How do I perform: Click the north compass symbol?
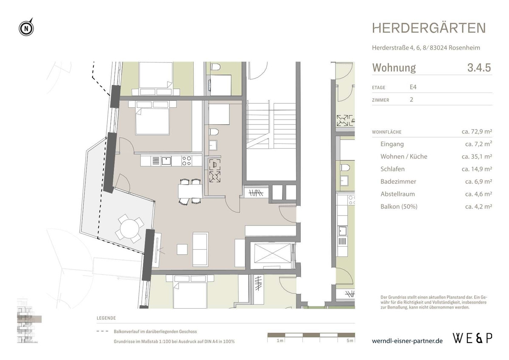tap(26, 28)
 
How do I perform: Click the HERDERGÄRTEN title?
tap(429, 28)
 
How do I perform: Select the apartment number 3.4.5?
tap(478, 68)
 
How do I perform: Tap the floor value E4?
tap(413, 87)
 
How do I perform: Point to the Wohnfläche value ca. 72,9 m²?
tap(476, 132)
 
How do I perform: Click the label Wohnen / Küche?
tap(404, 157)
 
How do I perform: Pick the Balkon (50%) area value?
tap(478, 207)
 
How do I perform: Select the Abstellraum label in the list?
tap(397, 194)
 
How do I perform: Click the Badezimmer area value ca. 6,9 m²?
tap(478, 182)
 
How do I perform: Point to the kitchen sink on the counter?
tap(166, 161)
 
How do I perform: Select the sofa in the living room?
tap(200, 248)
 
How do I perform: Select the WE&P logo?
tap(473, 338)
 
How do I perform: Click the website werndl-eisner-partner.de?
tap(407, 341)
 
